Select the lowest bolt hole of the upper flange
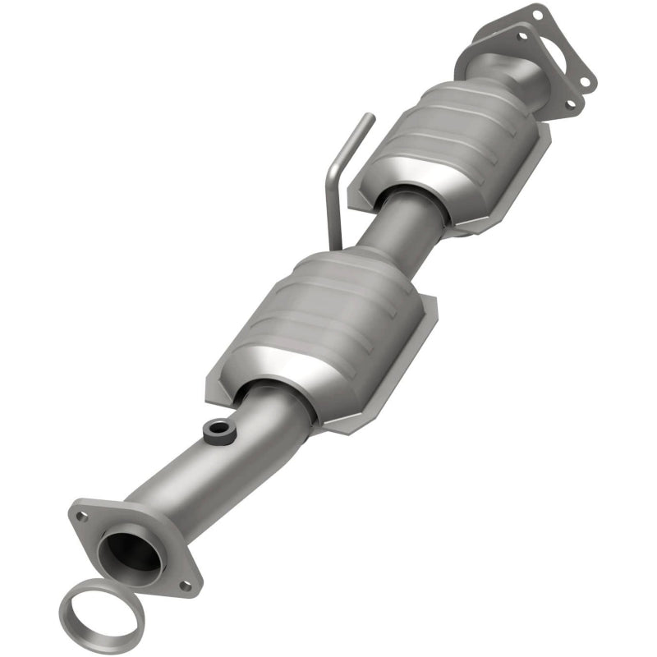[570, 103]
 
